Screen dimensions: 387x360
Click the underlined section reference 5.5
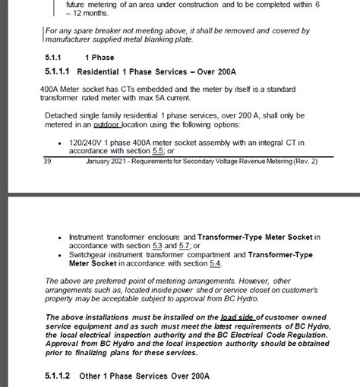click(159, 151)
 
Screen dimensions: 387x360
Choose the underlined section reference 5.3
click(157, 245)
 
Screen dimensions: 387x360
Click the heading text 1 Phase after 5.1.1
click(99, 58)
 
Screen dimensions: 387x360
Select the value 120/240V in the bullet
click(85, 142)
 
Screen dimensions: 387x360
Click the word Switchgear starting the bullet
click(88, 254)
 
